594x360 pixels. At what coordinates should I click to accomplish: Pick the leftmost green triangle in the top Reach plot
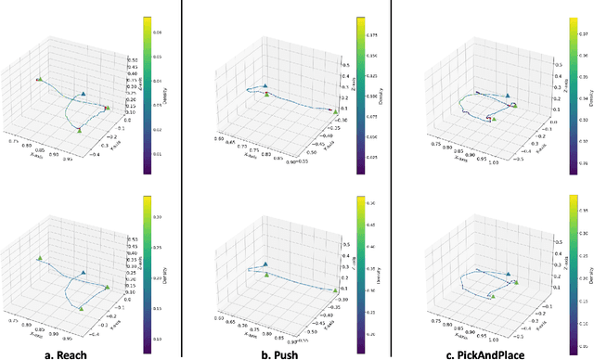click(39, 80)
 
